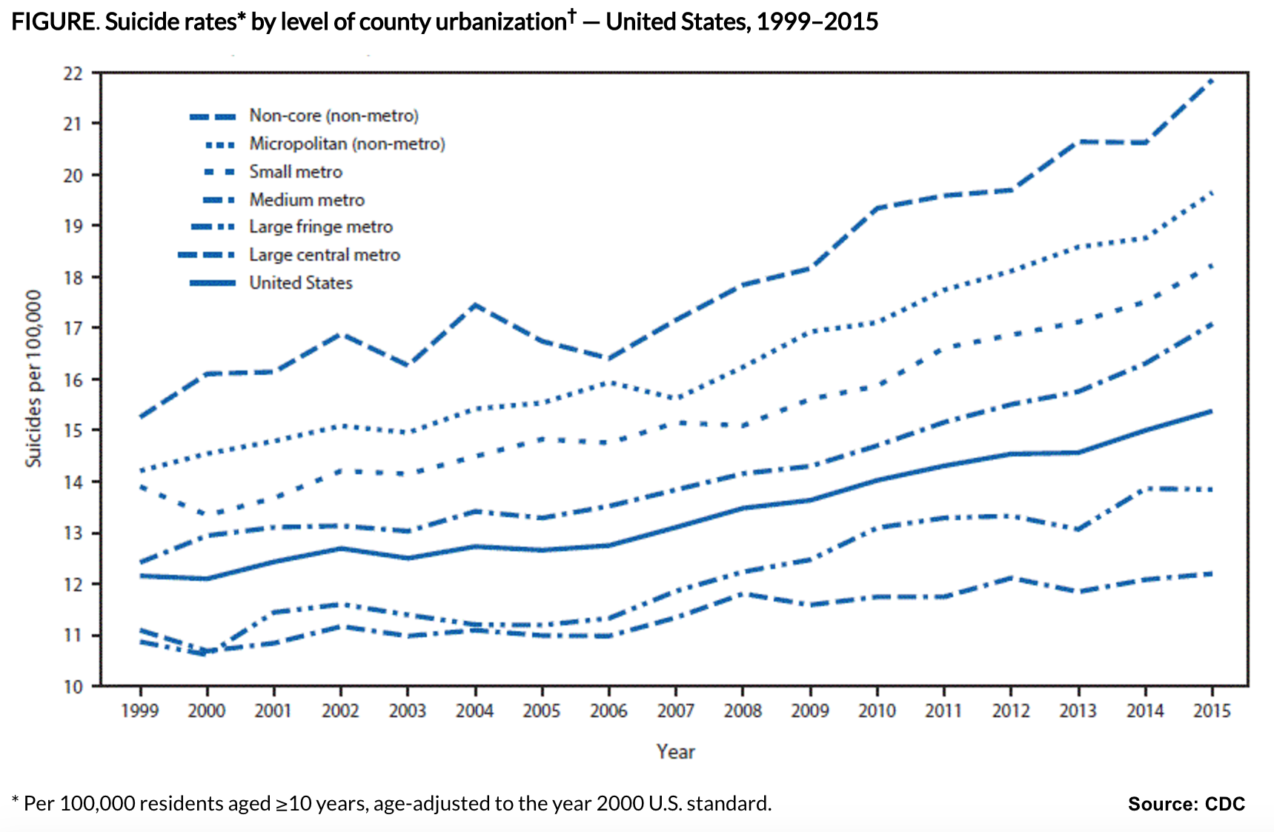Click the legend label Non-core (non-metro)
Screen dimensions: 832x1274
[334, 116]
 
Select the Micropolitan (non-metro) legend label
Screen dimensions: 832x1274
[347, 144]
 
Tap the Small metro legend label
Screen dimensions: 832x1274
[296, 172]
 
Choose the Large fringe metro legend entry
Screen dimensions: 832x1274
[320, 227]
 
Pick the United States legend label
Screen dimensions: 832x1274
[300, 283]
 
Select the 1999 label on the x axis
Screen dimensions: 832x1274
[139, 711]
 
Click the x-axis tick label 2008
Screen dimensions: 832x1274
[743, 711]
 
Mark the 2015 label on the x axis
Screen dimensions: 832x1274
[1212, 711]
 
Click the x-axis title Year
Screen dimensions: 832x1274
[675, 752]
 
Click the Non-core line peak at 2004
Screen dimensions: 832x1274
[475, 304]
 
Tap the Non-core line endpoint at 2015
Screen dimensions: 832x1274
[1212, 79]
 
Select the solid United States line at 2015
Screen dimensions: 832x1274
[1212, 411]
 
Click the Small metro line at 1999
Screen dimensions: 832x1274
[139, 487]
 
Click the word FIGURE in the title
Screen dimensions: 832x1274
[53, 22]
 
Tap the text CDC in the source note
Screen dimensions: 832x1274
[1224, 804]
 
